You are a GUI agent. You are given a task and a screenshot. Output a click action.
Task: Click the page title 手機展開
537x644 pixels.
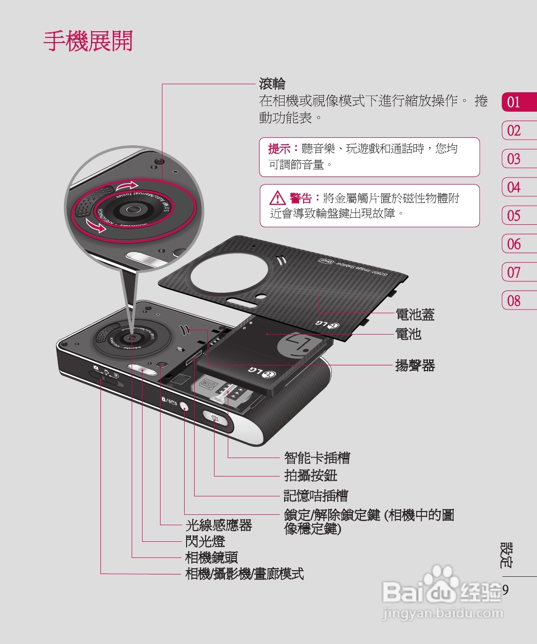pos(88,41)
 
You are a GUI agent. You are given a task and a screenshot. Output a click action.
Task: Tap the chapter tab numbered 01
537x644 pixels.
pos(514,102)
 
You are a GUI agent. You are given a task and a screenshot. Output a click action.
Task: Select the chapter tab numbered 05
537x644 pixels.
pos(514,216)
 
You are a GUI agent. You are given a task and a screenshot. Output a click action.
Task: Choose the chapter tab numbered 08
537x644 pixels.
pos(514,301)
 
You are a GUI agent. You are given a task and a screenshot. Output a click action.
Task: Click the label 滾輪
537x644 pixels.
pos(272,84)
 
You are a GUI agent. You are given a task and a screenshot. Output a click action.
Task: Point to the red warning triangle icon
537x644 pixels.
pos(277,198)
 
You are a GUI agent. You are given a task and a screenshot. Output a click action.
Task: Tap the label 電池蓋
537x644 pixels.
pos(415,314)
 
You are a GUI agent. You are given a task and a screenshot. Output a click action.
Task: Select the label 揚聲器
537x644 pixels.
pos(415,365)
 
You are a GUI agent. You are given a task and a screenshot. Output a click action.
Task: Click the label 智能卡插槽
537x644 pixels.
pos(317,458)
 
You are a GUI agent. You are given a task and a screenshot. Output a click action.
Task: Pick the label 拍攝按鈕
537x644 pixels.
pos(311,476)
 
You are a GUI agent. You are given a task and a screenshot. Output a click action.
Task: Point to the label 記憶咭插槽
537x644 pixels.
pos(315,495)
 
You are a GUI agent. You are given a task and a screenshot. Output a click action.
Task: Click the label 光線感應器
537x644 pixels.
pos(218,525)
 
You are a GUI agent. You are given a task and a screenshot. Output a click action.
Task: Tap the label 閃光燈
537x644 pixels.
pos(205,541)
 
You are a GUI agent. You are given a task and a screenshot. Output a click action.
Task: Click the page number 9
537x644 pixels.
pos(505,590)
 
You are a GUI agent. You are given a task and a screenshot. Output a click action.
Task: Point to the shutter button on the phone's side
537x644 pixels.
pos(215,418)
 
